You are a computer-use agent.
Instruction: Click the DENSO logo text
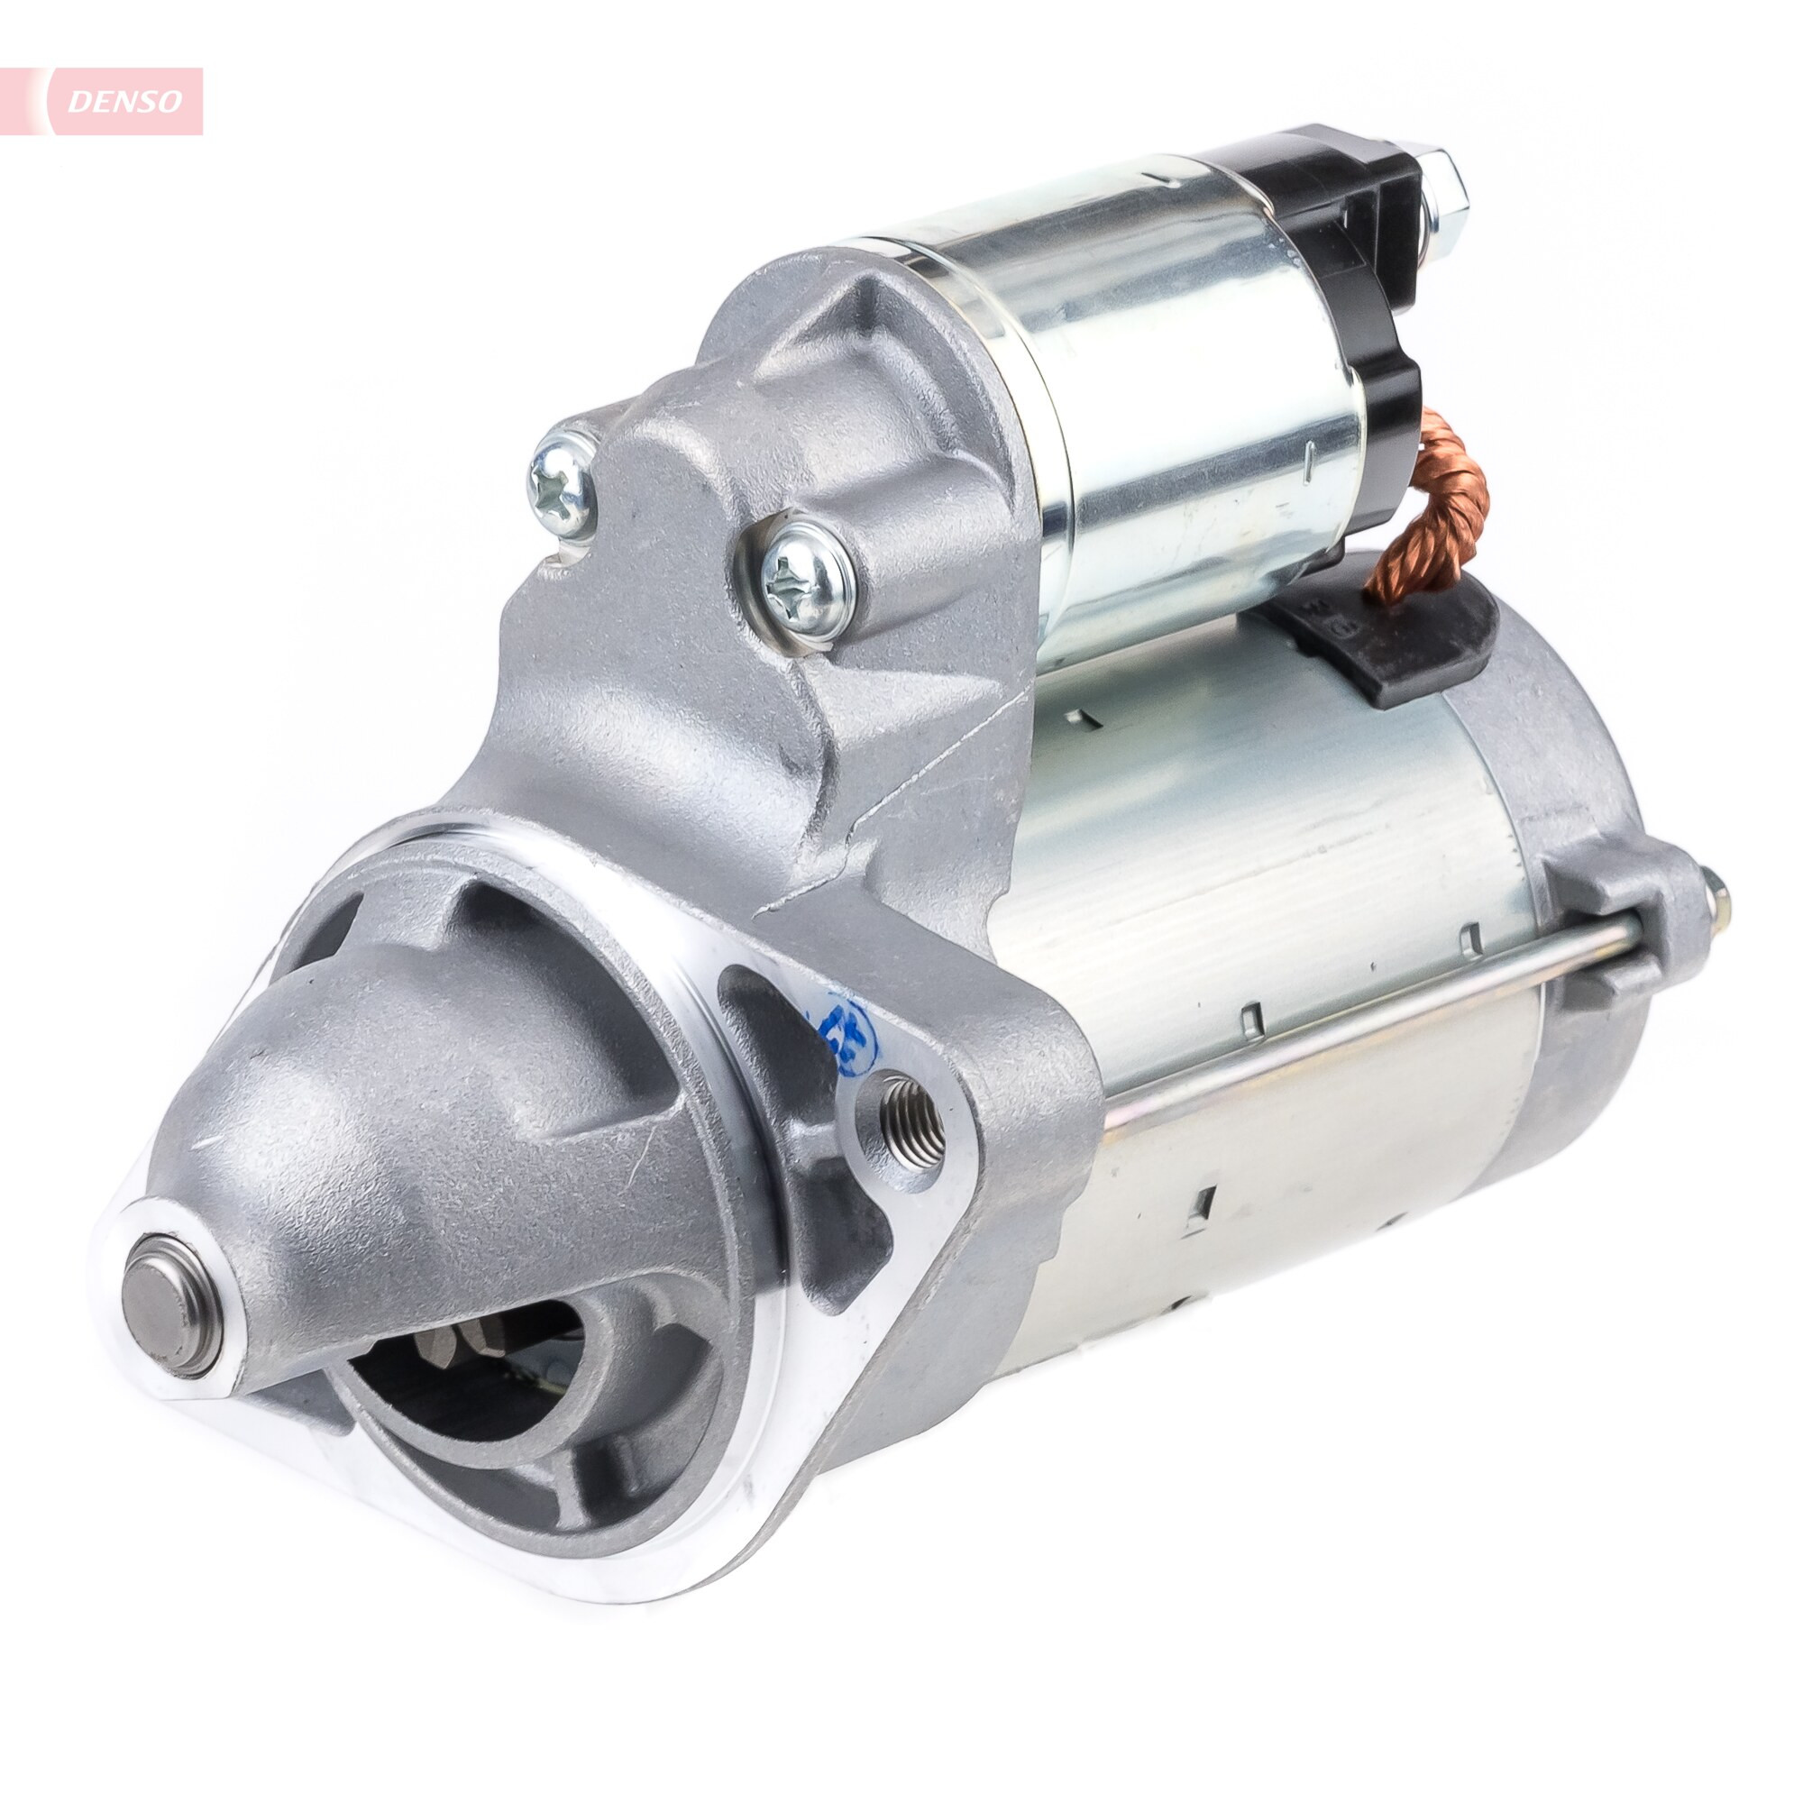click(125, 102)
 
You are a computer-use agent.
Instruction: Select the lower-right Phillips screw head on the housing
click(807, 581)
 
